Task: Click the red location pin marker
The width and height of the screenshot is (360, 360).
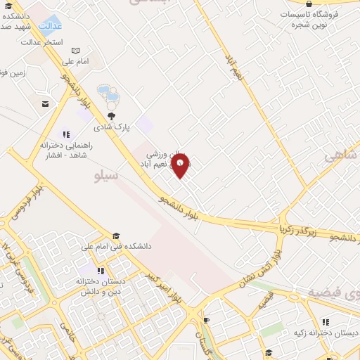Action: pyautogui.click(x=181, y=166)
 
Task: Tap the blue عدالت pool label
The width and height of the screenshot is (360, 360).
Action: pyautogui.click(x=50, y=26)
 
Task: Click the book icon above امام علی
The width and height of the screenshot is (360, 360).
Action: pyautogui.click(x=76, y=51)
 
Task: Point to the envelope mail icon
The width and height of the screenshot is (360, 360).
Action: pyautogui.click(x=46, y=104)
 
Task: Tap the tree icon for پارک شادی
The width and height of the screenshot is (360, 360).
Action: pyautogui.click(x=111, y=117)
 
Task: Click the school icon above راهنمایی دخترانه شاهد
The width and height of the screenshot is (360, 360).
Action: pyautogui.click(x=66, y=134)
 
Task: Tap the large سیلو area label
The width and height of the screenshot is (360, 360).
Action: pyautogui.click(x=106, y=176)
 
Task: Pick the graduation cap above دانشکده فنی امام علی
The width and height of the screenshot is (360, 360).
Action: pyautogui.click(x=116, y=236)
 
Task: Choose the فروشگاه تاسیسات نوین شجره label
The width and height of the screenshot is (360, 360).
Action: pyautogui.click(x=309, y=19)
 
